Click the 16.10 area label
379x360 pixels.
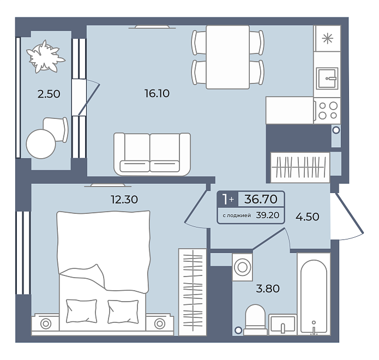[157, 93]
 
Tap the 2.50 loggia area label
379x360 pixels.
[49, 94]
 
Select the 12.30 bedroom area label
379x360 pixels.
[124, 200]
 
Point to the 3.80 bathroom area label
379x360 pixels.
[268, 289]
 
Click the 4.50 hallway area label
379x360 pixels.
[308, 217]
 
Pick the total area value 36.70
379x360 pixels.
[261, 199]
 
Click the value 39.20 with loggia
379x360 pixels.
[268, 215]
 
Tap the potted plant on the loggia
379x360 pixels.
[45, 57]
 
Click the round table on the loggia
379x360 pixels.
[41, 144]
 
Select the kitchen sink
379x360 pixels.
[327, 79]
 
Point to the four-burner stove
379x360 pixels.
[328, 111]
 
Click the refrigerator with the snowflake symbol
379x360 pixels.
[327, 38]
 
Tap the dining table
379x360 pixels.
[228, 57]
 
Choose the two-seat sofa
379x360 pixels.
[152, 154]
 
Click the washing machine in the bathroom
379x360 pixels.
[242, 267]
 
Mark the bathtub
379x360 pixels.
[314, 294]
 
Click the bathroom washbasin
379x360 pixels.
[282, 325]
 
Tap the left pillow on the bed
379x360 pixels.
[81, 311]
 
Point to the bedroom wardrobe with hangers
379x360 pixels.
[192, 292]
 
